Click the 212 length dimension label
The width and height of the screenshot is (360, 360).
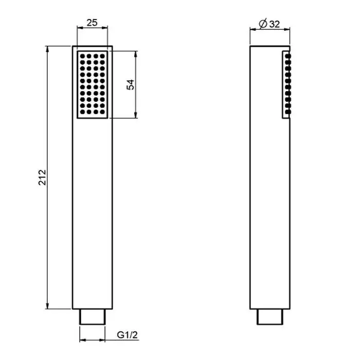tap(42, 177)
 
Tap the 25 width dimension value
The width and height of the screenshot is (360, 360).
tap(92, 23)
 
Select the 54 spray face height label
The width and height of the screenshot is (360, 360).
tap(131, 85)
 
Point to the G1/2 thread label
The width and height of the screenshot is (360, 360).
tap(127, 335)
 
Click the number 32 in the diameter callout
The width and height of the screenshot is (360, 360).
tap(275, 24)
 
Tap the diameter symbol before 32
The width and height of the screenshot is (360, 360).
tap(263, 24)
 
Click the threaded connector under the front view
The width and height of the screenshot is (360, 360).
tap(92, 317)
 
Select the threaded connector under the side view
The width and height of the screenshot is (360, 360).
tap(270, 317)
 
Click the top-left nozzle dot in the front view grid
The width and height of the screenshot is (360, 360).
tap(82, 56)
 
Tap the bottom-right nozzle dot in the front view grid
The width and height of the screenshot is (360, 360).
tap(102, 112)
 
